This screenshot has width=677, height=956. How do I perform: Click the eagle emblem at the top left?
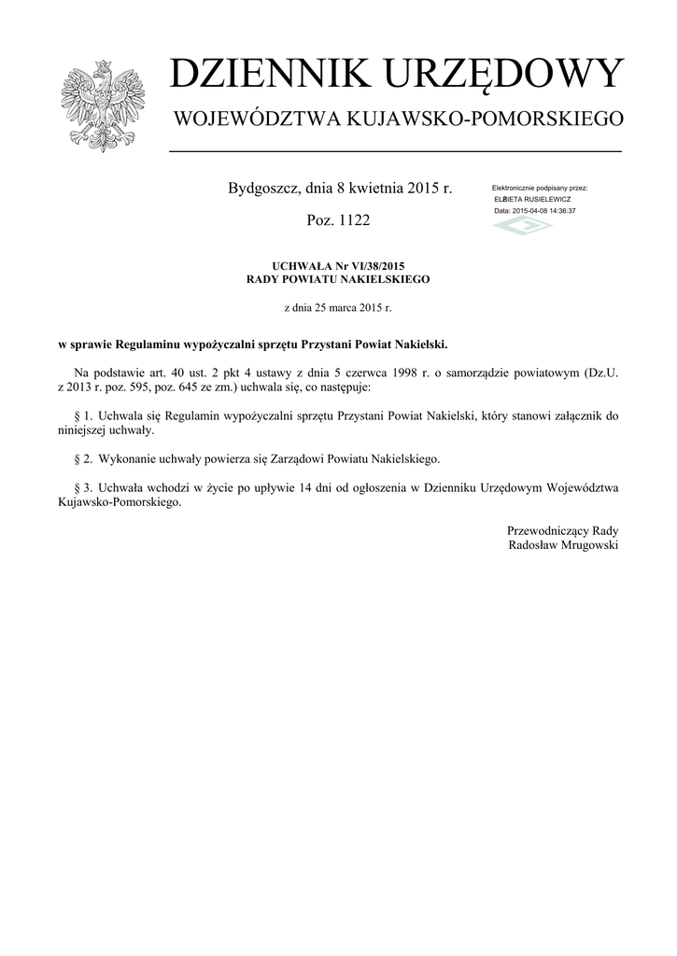tap(96, 105)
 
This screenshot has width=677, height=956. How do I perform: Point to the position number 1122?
tap(353, 219)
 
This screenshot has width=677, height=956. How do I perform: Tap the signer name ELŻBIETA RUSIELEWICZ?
tap(533, 200)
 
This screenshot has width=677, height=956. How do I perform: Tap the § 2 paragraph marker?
tap(79, 459)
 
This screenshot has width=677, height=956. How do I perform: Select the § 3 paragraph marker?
tap(79, 487)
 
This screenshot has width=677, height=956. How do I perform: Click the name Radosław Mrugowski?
tap(562, 544)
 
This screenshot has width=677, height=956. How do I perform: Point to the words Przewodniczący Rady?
tap(562, 530)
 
